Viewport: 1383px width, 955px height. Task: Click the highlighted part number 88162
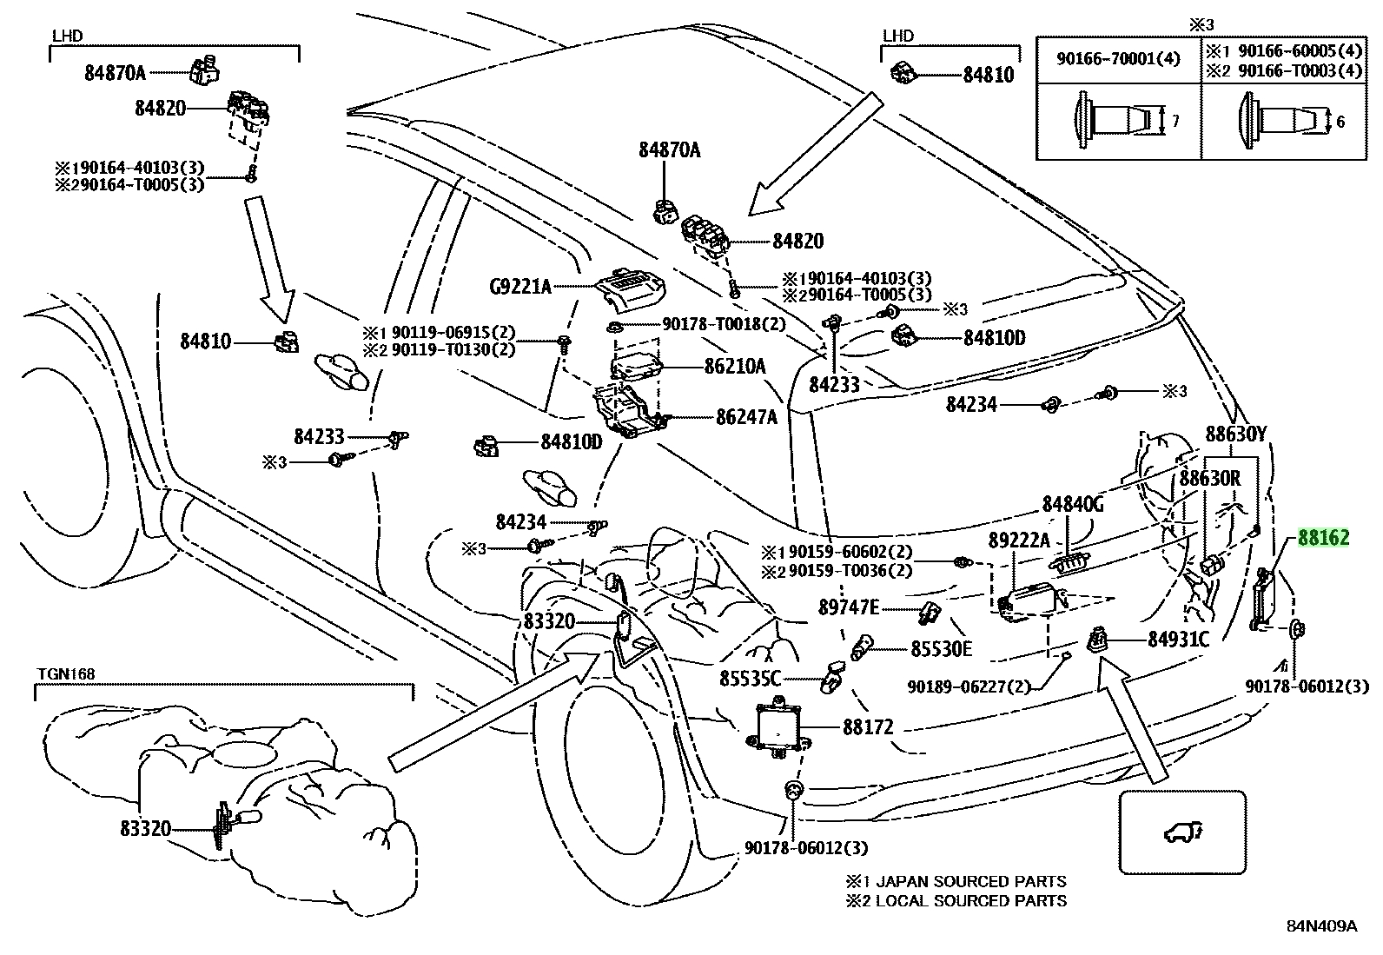click(1323, 537)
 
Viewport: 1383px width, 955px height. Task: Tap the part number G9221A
click(519, 287)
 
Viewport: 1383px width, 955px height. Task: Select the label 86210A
click(735, 367)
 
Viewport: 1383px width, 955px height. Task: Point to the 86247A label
click(746, 417)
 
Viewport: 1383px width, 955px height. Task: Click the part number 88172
click(868, 727)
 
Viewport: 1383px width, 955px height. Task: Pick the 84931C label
click(1178, 640)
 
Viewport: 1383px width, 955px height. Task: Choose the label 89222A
click(1019, 541)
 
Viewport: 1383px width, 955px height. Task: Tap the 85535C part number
click(751, 679)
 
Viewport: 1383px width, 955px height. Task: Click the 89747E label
click(849, 607)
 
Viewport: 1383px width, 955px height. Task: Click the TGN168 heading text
click(66, 674)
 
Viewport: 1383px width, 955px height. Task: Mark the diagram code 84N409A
click(1322, 926)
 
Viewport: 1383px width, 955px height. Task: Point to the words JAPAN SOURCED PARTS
click(971, 881)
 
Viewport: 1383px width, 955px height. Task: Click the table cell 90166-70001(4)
click(1118, 59)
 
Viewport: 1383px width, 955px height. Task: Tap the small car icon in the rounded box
click(1182, 832)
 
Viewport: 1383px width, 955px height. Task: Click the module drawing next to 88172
click(776, 727)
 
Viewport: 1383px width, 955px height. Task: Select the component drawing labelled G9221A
click(631, 288)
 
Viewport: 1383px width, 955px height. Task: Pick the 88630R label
click(1209, 478)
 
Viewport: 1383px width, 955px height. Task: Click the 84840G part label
click(1073, 505)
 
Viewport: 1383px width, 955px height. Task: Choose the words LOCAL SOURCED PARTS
click(971, 900)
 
